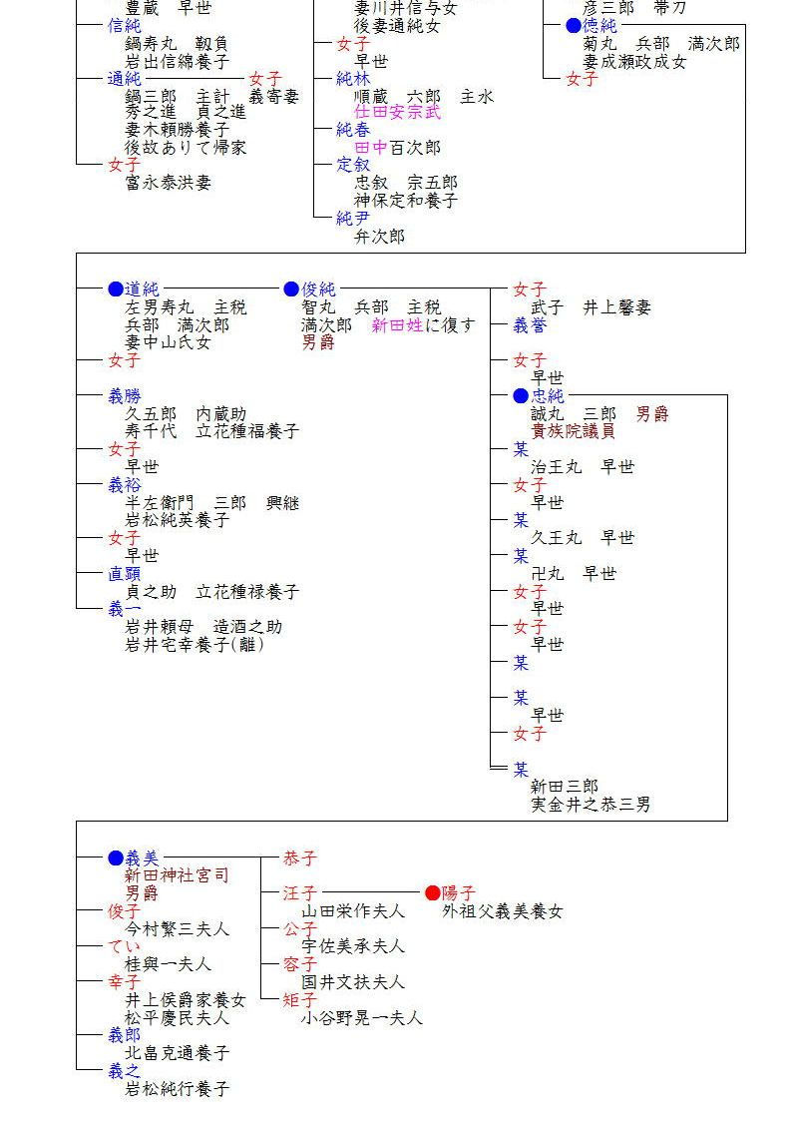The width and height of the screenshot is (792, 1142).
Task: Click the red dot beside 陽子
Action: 432,892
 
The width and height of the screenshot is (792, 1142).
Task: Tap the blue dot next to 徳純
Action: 574,26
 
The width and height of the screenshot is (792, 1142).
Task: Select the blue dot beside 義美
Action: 116,857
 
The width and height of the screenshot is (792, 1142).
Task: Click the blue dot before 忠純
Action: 521,396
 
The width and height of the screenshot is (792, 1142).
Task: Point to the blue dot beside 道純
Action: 116,289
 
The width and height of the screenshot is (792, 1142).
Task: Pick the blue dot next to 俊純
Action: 291,289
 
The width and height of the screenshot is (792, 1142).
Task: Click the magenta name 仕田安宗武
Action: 397,113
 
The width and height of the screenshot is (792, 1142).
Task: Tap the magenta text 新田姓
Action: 397,325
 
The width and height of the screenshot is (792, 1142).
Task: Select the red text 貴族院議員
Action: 573,431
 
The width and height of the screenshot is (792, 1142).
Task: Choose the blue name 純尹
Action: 353,219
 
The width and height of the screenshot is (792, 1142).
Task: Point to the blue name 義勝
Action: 125,396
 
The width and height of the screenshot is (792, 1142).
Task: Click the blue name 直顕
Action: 125,574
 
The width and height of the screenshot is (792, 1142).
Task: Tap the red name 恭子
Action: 300,857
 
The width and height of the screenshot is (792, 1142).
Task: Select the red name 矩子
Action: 300,1000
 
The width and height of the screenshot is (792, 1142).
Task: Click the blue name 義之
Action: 125,1071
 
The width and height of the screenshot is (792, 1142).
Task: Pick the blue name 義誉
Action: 530,325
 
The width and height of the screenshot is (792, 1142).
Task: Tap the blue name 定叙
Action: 353,165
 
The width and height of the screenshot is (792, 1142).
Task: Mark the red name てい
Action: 125,946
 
